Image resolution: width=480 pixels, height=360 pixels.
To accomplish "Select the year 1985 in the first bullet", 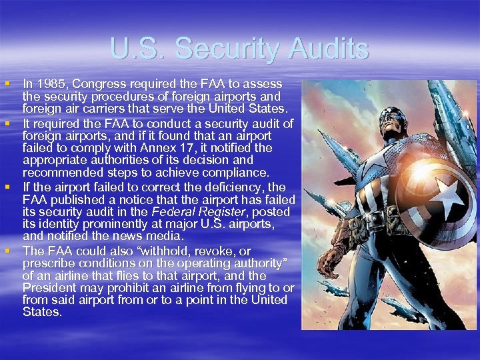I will [51, 85].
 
